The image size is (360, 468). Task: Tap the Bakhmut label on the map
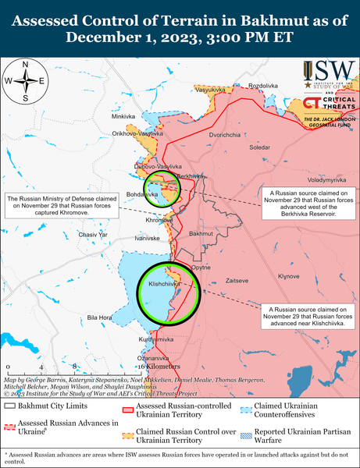[201, 233]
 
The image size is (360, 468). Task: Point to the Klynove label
[289, 276]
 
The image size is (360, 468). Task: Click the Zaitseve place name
[237, 279]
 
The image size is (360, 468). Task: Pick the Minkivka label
[123, 116]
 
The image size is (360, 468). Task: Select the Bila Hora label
[100, 317]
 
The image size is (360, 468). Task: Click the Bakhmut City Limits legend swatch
[11, 406]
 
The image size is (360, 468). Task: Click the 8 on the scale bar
[73, 365]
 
